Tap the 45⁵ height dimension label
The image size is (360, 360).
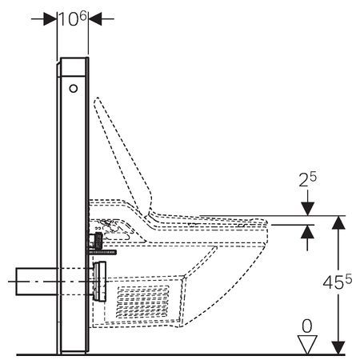[338, 282]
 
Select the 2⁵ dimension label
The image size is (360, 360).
[307, 179]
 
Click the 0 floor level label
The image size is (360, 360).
[307, 326]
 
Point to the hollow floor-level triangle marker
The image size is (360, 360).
[307, 344]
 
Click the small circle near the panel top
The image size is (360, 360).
[74, 89]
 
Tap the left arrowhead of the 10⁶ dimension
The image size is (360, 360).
[50, 19]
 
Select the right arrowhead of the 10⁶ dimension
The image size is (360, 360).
[95, 19]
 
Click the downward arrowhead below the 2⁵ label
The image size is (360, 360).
[307, 209]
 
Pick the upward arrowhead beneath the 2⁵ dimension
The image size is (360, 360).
[307, 231]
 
